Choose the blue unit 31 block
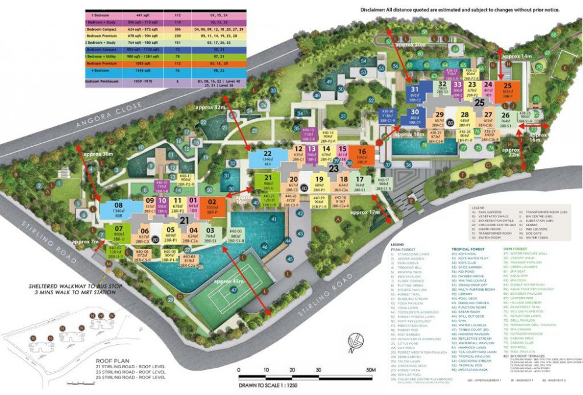[415, 93]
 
